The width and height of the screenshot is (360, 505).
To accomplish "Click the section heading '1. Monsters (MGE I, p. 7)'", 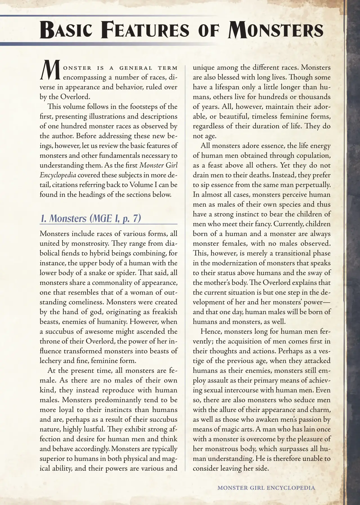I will [90, 219].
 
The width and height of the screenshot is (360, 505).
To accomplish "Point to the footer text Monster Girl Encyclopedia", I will [266, 488].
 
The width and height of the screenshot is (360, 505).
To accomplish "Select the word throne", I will [50, 341].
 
